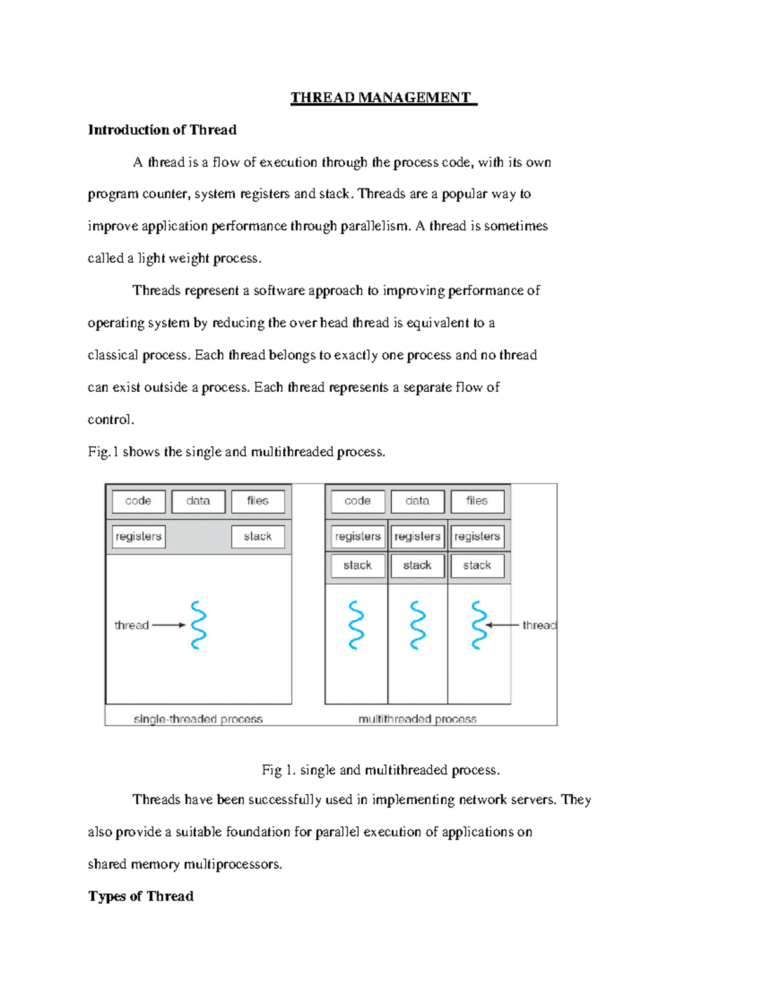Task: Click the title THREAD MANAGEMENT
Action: [383, 98]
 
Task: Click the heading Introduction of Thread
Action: [162, 130]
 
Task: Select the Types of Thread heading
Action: [141, 896]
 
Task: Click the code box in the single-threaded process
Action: [138, 501]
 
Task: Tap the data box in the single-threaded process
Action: [198, 501]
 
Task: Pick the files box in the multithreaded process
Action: [477, 501]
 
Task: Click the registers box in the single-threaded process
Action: [138, 536]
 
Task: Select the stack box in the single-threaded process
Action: [258, 536]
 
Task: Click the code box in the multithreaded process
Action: [358, 501]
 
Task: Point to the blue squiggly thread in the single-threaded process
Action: [199, 625]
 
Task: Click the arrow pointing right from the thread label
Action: [169, 625]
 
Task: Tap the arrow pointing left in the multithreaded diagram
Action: [503, 625]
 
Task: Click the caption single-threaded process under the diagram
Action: [198, 719]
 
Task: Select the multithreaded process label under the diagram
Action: [417, 719]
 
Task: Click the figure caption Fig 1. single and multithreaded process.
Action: [381, 770]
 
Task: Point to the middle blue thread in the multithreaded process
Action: [417, 625]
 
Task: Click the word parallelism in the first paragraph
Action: [375, 227]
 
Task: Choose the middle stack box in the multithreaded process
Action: [417, 565]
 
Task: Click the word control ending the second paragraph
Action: [110, 420]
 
